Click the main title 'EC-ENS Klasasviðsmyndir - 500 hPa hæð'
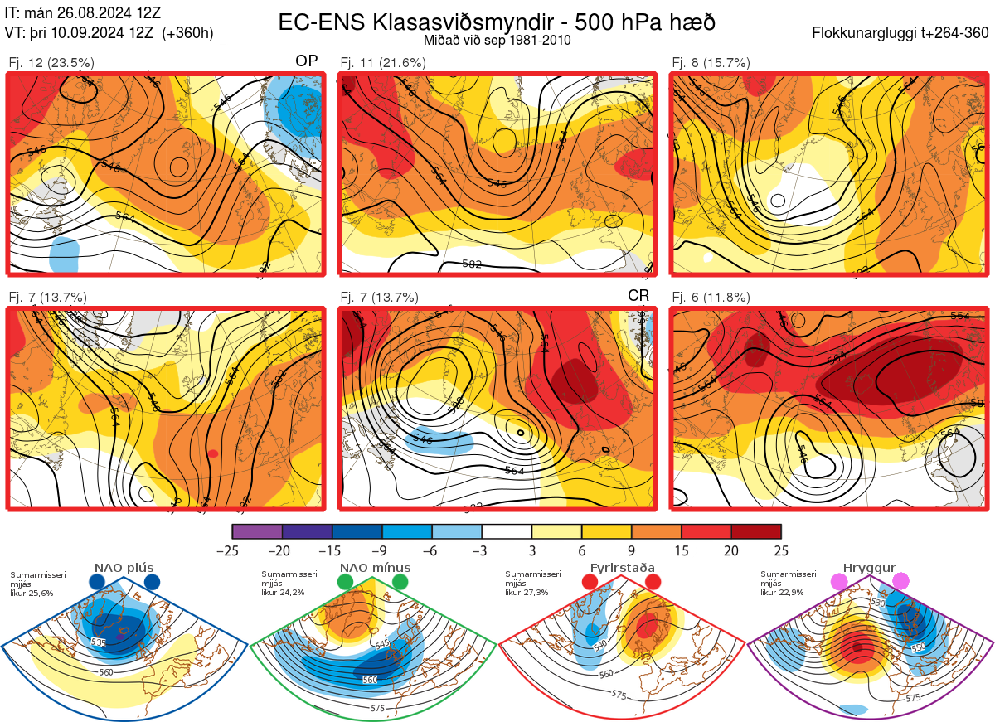point(497,22)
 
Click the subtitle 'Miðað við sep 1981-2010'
point(497,40)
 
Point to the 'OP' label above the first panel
point(307,62)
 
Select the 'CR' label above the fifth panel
point(638,296)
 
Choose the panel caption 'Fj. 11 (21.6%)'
point(383,63)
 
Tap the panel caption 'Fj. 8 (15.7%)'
point(711,63)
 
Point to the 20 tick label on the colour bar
point(731,550)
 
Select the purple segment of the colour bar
point(257,531)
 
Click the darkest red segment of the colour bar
point(756,531)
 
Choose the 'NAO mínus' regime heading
point(375,568)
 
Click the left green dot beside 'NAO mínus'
point(346,583)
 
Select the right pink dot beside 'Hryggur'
point(900,582)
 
